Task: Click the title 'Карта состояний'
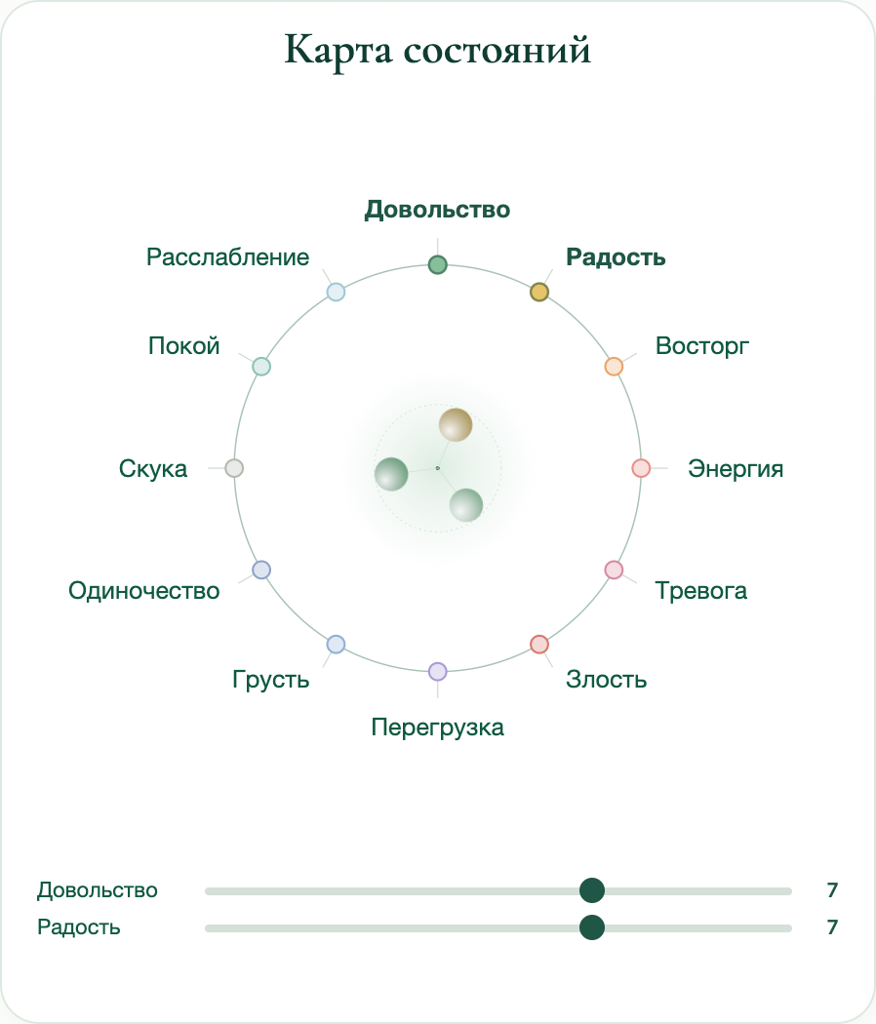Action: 438,50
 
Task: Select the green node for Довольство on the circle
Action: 438,264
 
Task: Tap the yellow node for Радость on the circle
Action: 538,292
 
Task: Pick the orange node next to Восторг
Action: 614,367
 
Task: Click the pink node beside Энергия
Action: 641,467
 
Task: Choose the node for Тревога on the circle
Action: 614,570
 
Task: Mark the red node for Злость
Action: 538,644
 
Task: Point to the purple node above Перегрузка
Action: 438,671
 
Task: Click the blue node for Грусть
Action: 336,644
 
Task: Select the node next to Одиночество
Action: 261,570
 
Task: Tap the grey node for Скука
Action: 234,467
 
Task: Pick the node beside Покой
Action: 261,367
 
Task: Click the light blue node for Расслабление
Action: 336,292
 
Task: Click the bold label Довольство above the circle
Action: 437,210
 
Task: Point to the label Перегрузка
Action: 438,728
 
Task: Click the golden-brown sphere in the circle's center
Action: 456,424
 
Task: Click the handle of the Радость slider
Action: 592,927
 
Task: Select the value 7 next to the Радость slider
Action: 831,927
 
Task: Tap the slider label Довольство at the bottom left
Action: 98,890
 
